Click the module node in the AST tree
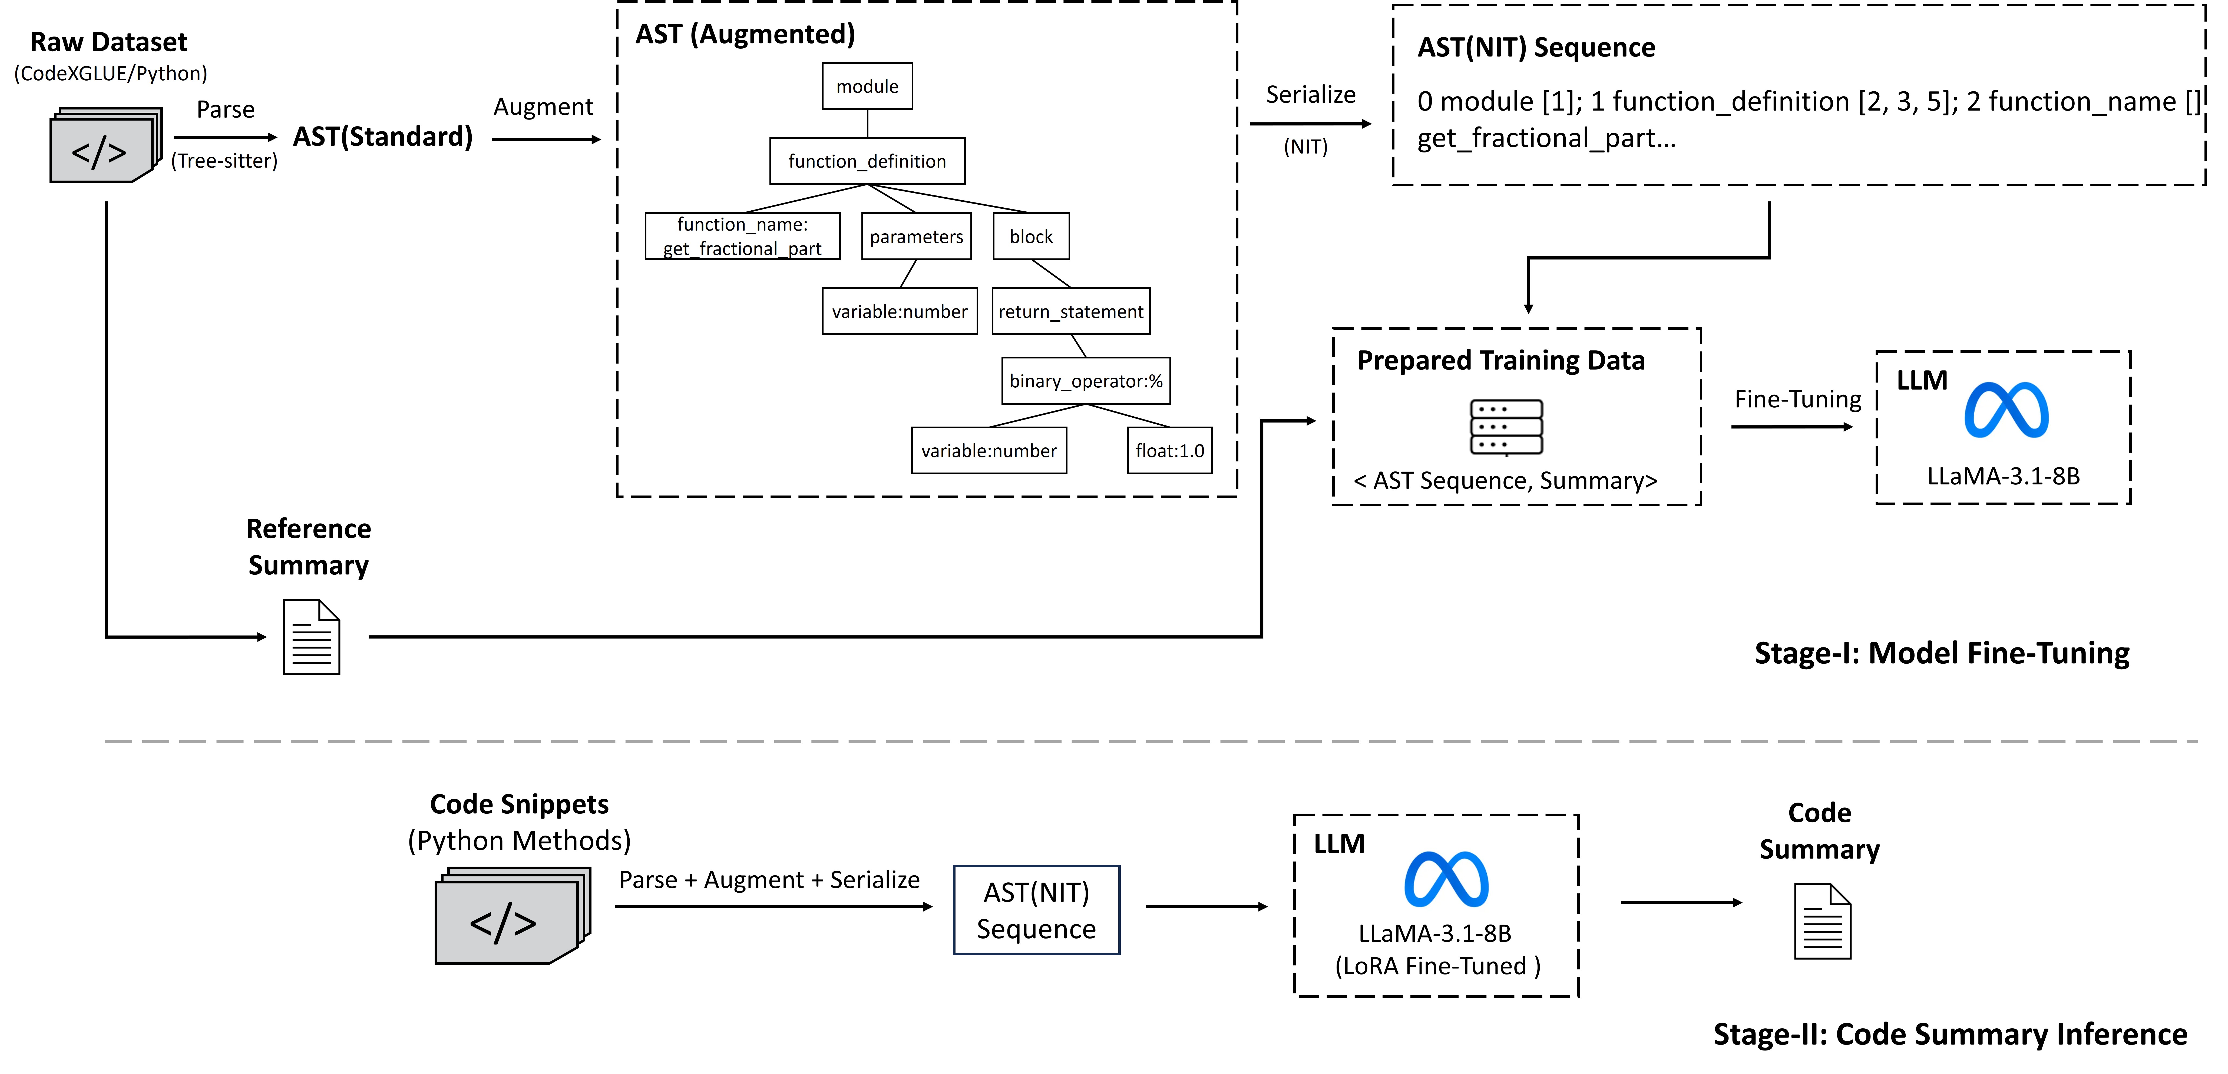click(867, 87)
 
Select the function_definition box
click(867, 161)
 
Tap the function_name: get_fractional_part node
click(742, 236)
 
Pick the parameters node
click(916, 236)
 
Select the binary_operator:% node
click(1085, 381)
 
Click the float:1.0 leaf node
click(1169, 451)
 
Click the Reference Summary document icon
click(311, 637)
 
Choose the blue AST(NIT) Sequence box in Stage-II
click(1036, 910)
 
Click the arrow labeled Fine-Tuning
click(1791, 426)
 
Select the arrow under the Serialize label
click(1310, 124)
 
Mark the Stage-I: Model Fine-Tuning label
click(1942, 653)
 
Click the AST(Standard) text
click(382, 137)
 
